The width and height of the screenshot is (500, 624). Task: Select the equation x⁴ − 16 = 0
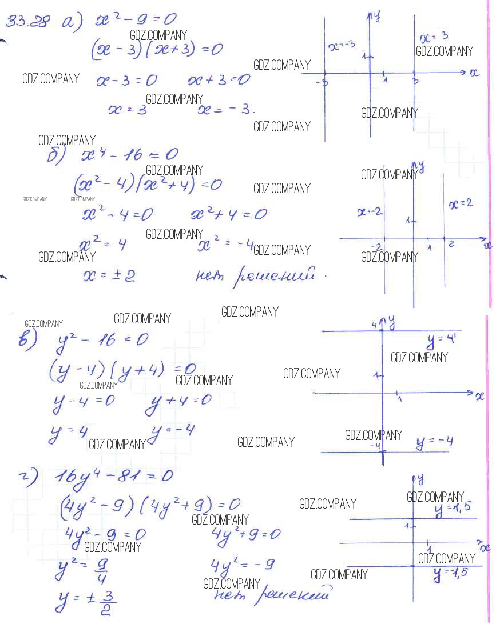click(x=129, y=154)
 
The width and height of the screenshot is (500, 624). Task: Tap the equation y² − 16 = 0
click(x=103, y=340)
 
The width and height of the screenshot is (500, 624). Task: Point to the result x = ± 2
click(x=109, y=276)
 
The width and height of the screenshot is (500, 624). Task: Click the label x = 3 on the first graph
click(x=434, y=38)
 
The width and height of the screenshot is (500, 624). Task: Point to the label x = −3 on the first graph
click(x=343, y=45)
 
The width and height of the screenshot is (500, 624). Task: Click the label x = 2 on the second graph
click(x=461, y=203)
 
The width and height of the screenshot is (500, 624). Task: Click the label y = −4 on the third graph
click(x=435, y=441)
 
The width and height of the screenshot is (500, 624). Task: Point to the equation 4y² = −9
click(x=243, y=566)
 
